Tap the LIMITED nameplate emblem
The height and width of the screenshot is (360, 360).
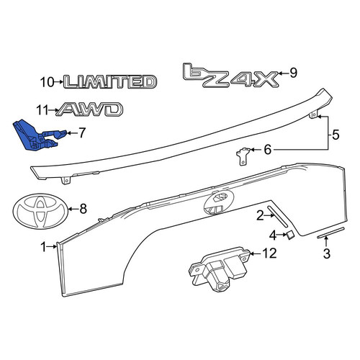(110, 81)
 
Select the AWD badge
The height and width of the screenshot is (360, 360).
(90, 109)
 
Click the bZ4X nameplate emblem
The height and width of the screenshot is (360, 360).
(231, 76)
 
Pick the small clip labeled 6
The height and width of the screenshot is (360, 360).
(243, 156)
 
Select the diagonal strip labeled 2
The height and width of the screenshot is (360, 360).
(277, 215)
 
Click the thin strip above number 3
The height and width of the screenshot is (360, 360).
(331, 233)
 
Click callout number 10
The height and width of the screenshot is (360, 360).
(47, 82)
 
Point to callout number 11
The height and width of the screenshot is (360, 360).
(42, 111)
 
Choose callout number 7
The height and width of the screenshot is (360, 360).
(82, 132)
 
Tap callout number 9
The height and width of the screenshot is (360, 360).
(293, 73)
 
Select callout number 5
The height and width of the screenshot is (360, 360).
(336, 135)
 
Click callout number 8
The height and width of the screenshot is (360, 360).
(83, 209)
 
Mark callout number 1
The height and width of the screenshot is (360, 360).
(44, 247)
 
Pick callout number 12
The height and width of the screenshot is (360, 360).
(269, 253)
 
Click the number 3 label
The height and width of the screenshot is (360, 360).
(327, 253)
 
